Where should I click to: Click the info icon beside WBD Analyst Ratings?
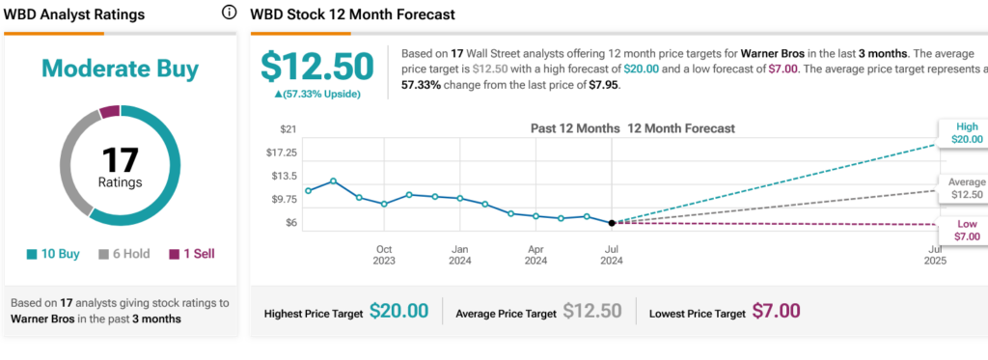(229, 13)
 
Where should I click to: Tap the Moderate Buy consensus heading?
(121, 69)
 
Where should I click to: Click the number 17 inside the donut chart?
(120, 160)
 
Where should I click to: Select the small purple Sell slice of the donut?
(109, 112)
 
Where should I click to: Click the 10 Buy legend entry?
(54, 254)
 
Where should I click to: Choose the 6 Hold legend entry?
(124, 254)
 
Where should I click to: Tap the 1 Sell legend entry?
(192, 254)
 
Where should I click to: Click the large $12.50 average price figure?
(317, 67)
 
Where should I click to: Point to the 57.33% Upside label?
(316, 94)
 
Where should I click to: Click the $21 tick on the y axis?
(288, 129)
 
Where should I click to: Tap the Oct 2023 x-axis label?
(384, 255)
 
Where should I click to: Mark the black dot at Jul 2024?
(612, 223)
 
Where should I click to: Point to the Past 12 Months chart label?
(575, 128)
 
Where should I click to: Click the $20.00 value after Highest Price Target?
(398, 311)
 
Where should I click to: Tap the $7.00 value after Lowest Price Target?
(777, 311)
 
